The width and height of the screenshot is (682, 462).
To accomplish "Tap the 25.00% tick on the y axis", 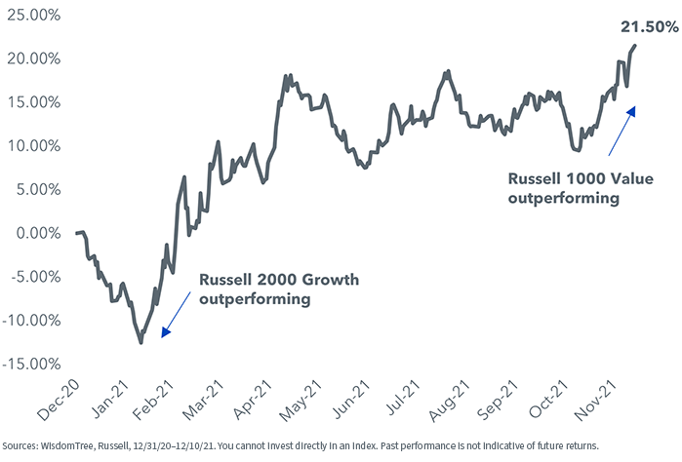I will pyautogui.click(x=33, y=15).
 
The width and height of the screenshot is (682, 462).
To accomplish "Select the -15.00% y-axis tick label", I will pyautogui.click(x=31, y=365).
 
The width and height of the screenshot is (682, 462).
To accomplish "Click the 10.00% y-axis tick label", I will pyautogui.click(x=33, y=146).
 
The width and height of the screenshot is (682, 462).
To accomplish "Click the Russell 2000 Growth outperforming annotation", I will pyautogui.click(x=278, y=289).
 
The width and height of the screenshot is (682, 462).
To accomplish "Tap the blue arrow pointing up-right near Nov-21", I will pyautogui.click(x=621, y=132).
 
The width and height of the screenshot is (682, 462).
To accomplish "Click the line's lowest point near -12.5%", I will pyautogui.click(x=140, y=342).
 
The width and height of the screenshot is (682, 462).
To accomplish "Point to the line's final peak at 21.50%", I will pyautogui.click(x=635, y=46).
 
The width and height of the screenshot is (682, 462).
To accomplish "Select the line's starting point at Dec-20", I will pyautogui.click(x=76, y=233).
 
